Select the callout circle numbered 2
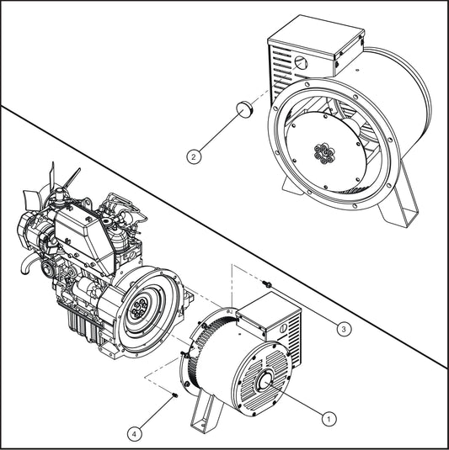194,156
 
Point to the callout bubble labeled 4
134,433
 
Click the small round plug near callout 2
243,109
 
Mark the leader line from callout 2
218,132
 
